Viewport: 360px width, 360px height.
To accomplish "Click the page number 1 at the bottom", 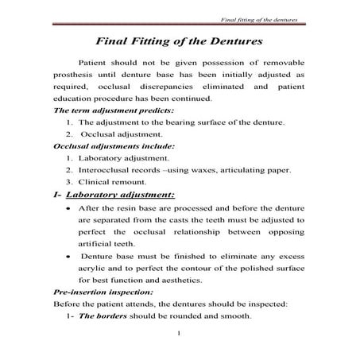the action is [x=180, y=343].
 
